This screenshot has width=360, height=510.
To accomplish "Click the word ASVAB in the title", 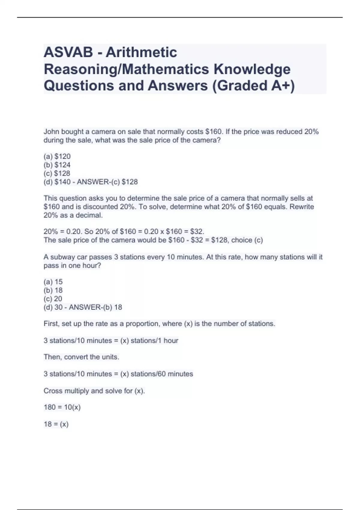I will (68, 52).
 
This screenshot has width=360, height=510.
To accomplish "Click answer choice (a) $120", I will (57, 156).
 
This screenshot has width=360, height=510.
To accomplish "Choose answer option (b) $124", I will (57, 165).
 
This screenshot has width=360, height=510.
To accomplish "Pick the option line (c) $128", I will (57, 173).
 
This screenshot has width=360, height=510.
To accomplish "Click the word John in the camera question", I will (51, 132).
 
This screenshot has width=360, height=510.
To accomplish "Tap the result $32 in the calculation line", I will (197, 232).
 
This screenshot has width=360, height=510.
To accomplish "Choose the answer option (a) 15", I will (53, 282).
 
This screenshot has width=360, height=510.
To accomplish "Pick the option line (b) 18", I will (53, 290).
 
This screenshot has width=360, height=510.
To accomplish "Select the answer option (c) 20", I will (53, 299).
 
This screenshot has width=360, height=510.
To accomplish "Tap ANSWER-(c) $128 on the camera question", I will (107, 182).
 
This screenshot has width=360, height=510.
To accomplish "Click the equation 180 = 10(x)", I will (62, 407).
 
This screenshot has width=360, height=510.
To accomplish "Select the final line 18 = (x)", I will (56, 424).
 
